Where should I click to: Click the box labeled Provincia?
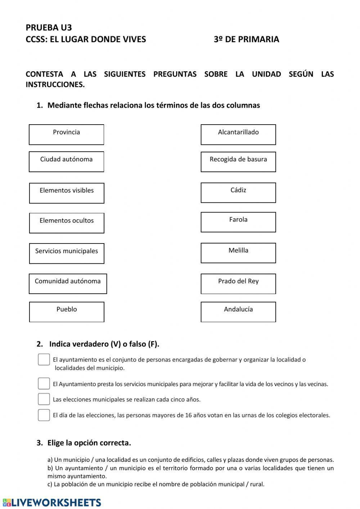coord(66,135)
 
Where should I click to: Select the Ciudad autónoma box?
coord(66,162)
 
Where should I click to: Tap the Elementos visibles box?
coord(67,193)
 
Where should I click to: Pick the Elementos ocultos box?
coord(67,223)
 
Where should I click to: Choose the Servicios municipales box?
coord(67,254)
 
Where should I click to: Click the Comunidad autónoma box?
coord(68,284)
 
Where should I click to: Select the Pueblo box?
coord(67,312)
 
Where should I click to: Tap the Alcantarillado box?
coord(238,135)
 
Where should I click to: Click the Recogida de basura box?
coord(238,162)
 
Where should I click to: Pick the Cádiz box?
coord(238,193)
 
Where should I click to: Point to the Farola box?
coord(238,222)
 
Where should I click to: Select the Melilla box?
coord(238,253)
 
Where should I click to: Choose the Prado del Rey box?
coord(238,284)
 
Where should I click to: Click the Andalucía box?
coord(238,312)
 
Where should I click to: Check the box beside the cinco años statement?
coord(44,399)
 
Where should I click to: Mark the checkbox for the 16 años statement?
coord(44,415)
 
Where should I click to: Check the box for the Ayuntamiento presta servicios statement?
coord(44,384)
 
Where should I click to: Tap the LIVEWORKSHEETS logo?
coord(52,503)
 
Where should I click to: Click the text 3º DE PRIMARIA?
coord(246,39)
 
